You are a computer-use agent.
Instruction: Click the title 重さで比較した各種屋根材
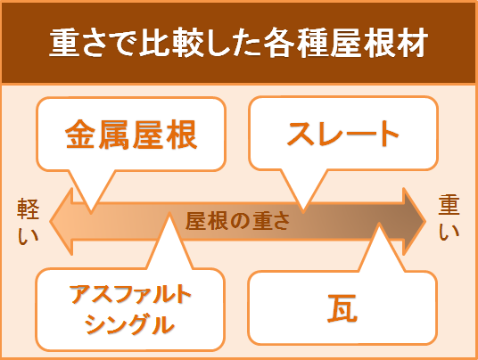point(239,43)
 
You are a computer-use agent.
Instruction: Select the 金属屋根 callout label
point(131,135)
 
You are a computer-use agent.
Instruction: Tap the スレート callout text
point(343,134)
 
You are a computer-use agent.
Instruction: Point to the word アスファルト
point(130,294)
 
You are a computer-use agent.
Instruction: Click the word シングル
point(130,324)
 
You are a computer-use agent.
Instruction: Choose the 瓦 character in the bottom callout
point(342,308)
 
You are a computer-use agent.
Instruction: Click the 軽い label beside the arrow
point(28,222)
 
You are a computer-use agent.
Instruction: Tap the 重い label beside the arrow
point(449,218)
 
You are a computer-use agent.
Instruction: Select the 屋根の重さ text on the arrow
point(237,221)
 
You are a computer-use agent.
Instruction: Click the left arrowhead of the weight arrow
point(62,222)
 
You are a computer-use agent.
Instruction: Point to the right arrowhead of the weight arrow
point(414,222)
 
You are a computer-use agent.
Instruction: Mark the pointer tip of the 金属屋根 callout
point(91,212)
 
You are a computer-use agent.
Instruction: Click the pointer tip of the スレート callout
point(303,211)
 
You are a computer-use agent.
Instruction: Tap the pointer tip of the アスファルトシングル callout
point(169,213)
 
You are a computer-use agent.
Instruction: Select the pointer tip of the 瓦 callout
point(379,224)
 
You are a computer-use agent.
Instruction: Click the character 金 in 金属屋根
point(80,135)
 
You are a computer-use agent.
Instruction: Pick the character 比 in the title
point(154,43)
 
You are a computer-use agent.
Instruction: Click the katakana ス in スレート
point(301,134)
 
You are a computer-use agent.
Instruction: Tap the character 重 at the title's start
point(64,43)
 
